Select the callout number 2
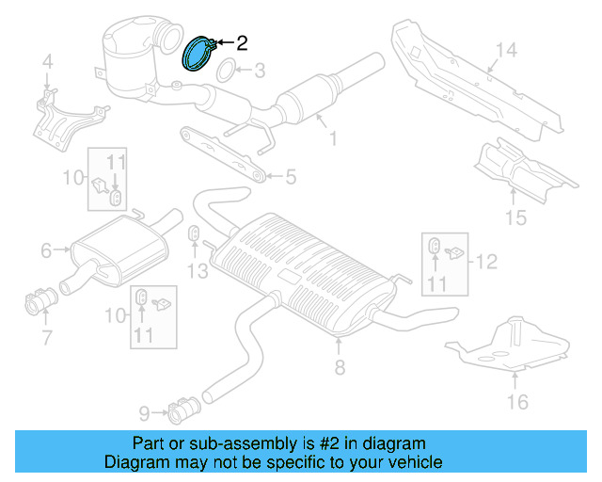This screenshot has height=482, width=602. tap(242, 42)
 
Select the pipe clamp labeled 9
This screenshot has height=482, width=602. tap(181, 410)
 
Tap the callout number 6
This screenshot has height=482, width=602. tap(46, 250)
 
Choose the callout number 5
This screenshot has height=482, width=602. tap(291, 175)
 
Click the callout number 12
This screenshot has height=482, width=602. tap(485, 261)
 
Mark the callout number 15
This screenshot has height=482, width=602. tap(515, 218)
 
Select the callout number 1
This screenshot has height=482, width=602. tap(331, 139)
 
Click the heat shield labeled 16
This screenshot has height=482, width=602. tap(508, 344)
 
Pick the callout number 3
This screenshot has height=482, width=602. tap(259, 70)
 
